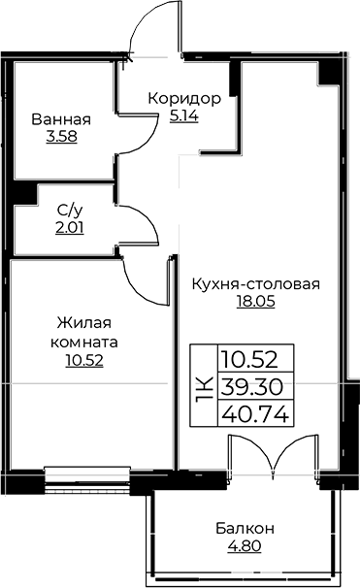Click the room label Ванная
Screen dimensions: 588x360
tap(61, 119)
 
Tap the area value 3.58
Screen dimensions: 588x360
tap(61, 137)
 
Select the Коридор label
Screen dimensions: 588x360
tap(184, 99)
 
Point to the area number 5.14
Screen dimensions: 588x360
tap(184, 115)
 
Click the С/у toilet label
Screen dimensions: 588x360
tap(69, 209)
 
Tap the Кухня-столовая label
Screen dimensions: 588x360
tap(256, 284)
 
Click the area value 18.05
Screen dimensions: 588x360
tap(256, 302)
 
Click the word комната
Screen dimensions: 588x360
tap(85, 343)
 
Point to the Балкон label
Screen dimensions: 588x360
tap(245, 528)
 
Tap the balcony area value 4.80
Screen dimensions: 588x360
tap(245, 545)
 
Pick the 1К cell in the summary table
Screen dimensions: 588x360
tap(203, 386)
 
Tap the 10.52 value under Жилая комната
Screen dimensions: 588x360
tap(85, 361)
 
